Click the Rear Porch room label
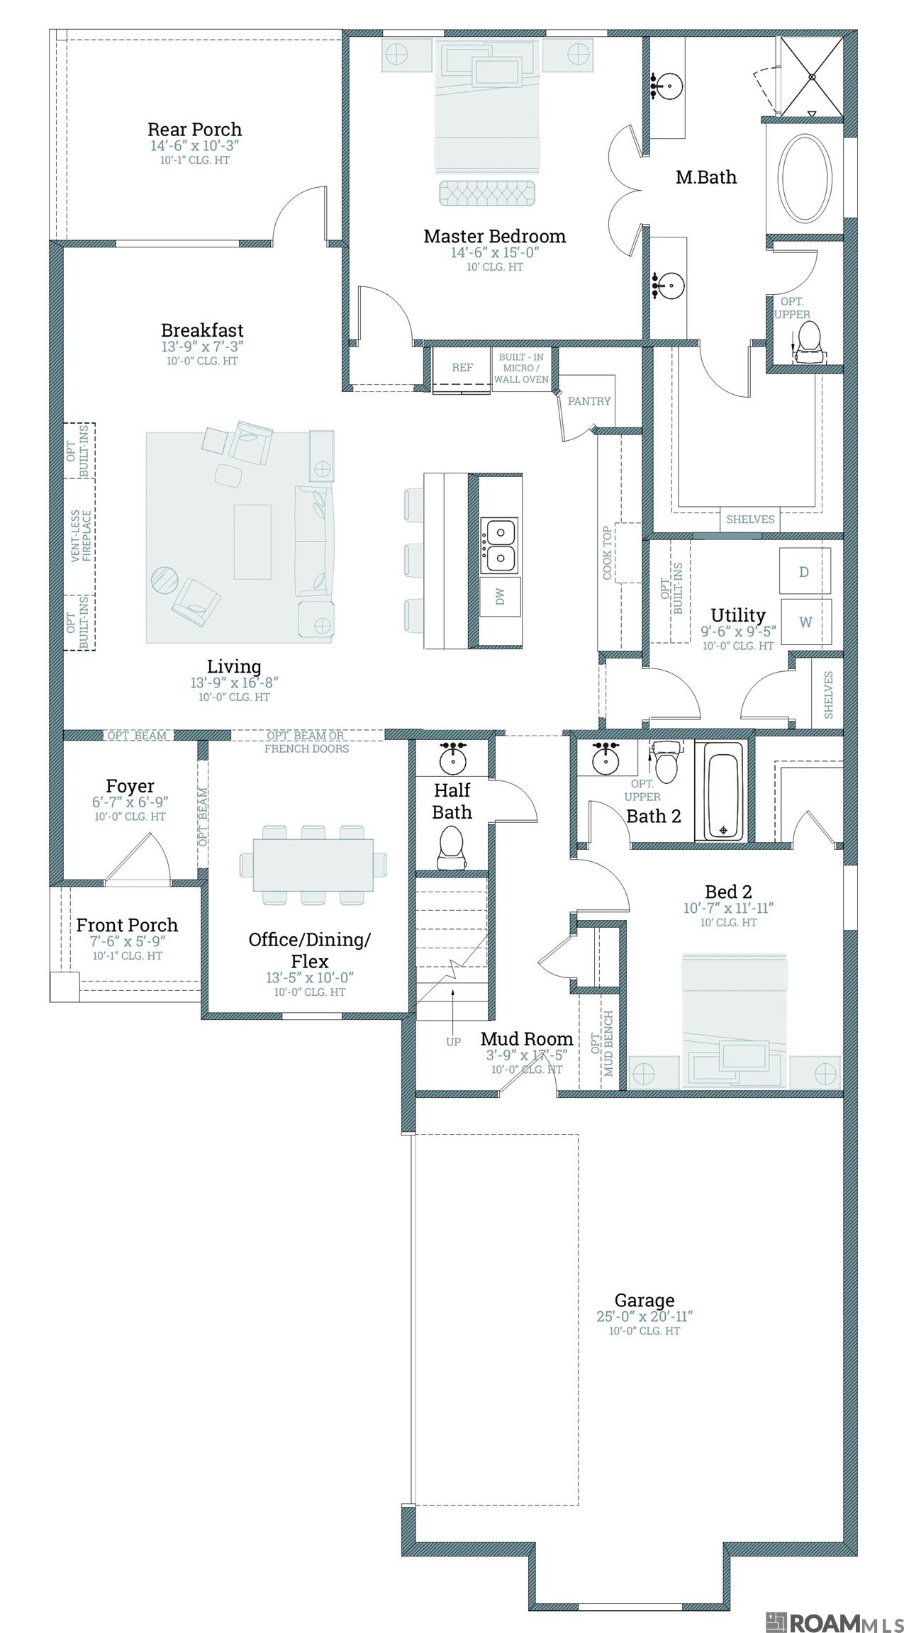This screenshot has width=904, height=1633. tap(194, 130)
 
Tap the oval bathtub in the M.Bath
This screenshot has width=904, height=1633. tap(805, 176)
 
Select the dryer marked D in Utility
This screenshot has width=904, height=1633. tap(804, 571)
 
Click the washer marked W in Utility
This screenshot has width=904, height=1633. tap(805, 622)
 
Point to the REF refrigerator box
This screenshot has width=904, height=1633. tap(462, 367)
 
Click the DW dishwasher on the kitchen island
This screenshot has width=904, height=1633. tap(500, 597)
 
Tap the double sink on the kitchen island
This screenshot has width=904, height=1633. tap(500, 544)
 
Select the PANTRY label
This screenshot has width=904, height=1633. tap(589, 401)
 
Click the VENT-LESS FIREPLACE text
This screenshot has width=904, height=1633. tap(81, 536)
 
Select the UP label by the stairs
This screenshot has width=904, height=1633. tap(453, 1041)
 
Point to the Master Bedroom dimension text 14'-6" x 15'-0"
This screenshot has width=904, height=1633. tap(495, 253)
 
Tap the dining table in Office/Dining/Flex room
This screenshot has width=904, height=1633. tap(313, 865)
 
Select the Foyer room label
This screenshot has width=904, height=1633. tap(130, 786)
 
